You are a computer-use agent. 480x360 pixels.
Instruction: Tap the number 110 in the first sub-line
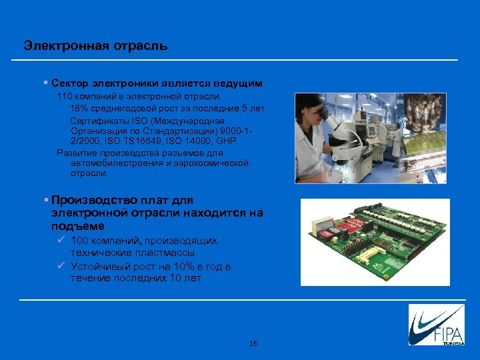65,97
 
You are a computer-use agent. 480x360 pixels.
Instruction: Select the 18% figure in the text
79,108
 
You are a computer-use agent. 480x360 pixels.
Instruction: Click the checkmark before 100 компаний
61,240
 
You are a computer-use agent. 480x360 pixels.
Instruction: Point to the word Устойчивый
98,267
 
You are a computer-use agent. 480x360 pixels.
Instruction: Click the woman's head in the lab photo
312,109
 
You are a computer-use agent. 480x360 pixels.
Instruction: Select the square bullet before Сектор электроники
45,83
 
